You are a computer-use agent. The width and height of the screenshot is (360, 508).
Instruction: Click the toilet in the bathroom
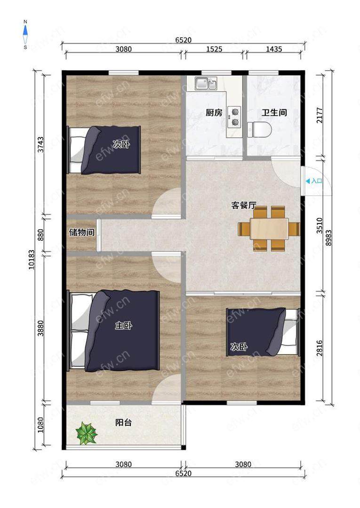click(259, 129)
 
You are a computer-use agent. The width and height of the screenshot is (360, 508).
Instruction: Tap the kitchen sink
click(206, 83)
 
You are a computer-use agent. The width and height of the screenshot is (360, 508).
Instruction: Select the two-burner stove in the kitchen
click(234, 117)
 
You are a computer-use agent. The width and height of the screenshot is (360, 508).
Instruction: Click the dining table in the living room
click(269, 229)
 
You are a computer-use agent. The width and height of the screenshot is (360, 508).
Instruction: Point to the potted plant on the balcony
click(86, 433)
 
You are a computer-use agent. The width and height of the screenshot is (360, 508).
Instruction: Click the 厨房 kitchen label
click(214, 113)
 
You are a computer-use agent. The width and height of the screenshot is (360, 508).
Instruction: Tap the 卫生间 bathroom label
click(274, 113)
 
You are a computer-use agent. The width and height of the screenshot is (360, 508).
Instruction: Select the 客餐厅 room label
click(244, 205)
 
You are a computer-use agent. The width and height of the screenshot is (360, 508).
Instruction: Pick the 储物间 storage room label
click(82, 232)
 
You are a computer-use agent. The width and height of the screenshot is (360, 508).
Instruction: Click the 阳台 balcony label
click(123, 422)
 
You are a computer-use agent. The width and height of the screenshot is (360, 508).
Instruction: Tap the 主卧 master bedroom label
click(123, 325)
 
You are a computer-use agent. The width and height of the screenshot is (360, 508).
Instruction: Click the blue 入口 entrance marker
click(314, 181)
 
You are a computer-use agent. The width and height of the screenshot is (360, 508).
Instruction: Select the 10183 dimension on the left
click(32, 260)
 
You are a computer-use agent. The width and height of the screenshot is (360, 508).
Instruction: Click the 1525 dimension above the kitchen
click(214, 49)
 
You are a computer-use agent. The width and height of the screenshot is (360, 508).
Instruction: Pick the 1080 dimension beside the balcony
click(40, 425)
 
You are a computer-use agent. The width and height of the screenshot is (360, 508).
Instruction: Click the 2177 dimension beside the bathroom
click(320, 115)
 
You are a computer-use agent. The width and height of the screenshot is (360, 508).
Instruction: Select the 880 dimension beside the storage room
click(40, 235)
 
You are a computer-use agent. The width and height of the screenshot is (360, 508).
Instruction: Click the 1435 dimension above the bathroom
click(274, 49)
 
